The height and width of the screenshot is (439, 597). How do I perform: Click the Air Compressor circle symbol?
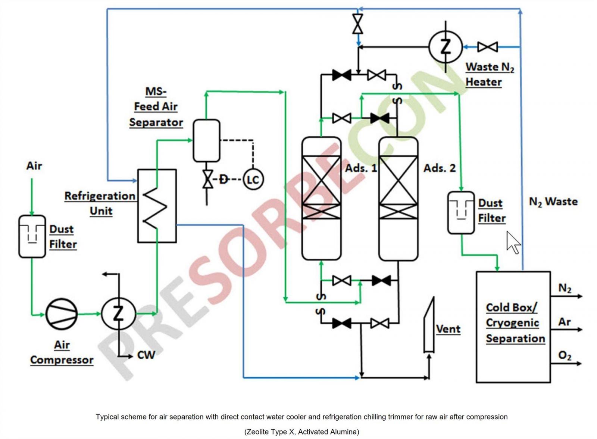62,314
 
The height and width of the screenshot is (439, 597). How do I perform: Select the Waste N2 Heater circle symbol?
446,47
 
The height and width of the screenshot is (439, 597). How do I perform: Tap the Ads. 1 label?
361,168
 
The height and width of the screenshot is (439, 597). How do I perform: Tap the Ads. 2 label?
440,168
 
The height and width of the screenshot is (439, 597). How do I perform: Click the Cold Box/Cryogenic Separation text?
515,323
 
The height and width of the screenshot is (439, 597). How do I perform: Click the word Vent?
448,329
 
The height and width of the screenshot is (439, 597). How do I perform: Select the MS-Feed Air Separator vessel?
207,141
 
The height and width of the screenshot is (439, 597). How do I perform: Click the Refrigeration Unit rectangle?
157,206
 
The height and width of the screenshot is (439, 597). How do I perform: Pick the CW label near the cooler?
146,355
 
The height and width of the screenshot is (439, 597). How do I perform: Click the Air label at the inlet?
34,166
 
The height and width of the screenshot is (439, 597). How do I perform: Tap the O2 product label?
565,355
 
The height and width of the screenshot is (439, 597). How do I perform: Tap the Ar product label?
564,322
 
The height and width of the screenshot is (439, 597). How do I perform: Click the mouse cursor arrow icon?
513,243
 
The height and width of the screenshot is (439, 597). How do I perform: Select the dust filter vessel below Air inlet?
32,237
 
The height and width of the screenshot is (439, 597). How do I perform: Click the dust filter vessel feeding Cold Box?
461,213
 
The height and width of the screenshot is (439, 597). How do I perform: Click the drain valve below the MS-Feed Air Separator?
207,179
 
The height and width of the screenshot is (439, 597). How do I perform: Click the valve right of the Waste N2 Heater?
487,47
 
